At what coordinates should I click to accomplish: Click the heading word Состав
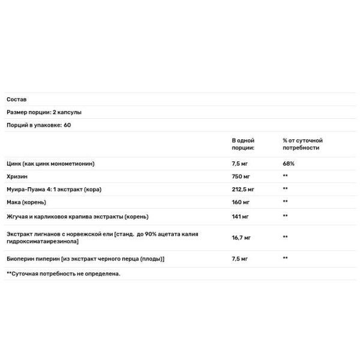point(17,100)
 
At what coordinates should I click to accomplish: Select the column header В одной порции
point(243,144)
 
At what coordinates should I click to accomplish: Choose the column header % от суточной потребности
point(303,144)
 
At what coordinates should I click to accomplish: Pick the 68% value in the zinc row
point(289,163)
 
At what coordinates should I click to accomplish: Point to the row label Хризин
point(17,176)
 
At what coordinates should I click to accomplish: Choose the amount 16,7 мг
point(241,238)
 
